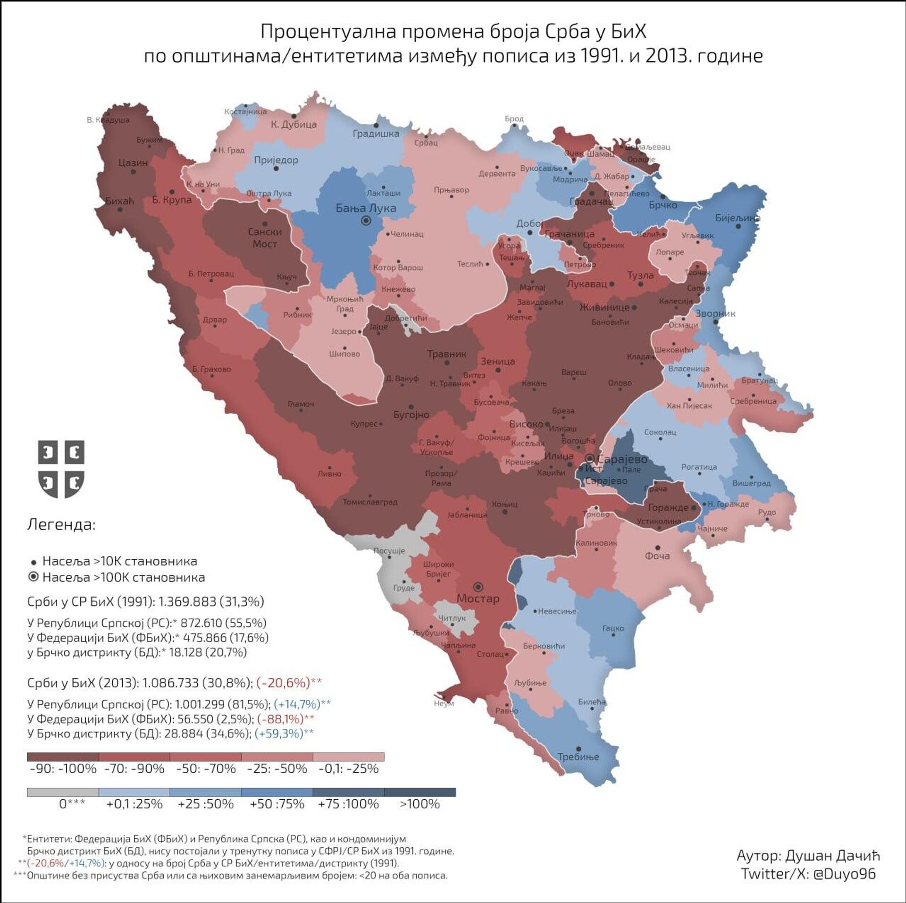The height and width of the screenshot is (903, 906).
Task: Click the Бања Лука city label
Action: [366, 208]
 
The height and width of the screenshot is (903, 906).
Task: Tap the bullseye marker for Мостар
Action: [478, 587]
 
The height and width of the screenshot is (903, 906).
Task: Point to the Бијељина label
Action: [738, 218]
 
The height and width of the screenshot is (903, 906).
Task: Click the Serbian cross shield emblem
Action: [61, 469]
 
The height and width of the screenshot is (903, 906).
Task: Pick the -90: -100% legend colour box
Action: [63, 757]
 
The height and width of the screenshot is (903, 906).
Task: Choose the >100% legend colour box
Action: [419, 792]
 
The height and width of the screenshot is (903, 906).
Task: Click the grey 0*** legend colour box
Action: [63, 792]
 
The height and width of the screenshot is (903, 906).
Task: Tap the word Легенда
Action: [61, 525]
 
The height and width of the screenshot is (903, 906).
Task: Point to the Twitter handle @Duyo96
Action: [844, 874]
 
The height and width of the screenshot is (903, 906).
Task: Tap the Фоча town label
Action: [657, 556]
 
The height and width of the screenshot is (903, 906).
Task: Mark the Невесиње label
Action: [557, 611]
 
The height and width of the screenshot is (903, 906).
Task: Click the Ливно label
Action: [329, 474]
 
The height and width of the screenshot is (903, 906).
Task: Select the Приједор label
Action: [276, 160]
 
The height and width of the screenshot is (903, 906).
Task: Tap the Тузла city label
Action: [640, 275]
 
